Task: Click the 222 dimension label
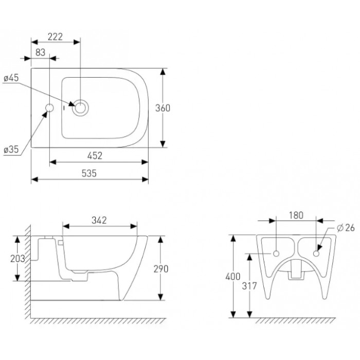click(x=55, y=37)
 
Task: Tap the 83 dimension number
click(x=41, y=52)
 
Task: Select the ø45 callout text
click(x=11, y=78)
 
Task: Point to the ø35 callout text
click(x=11, y=150)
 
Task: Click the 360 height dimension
click(x=163, y=108)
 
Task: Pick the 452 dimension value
click(x=95, y=156)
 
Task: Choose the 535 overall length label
click(x=89, y=173)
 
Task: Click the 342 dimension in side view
click(x=99, y=221)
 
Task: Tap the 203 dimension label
click(x=17, y=259)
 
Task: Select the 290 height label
click(x=161, y=269)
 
